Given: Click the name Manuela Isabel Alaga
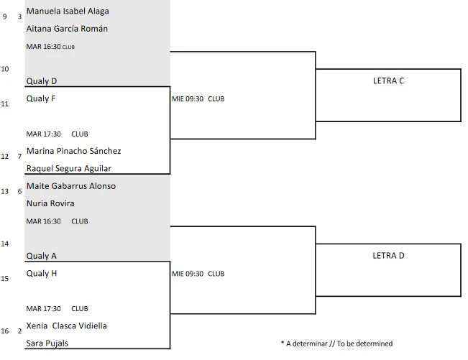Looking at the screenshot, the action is click(x=68, y=11).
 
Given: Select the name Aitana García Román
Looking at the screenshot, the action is click(x=67, y=29).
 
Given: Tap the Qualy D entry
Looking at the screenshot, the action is click(x=42, y=81).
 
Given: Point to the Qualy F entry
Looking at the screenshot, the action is click(x=41, y=98).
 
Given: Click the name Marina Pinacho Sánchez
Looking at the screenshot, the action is click(x=74, y=151).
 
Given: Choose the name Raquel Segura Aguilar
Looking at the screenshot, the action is click(x=69, y=169).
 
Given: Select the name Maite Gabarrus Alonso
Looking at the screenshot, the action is click(x=71, y=186).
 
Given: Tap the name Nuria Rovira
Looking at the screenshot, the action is click(x=50, y=203).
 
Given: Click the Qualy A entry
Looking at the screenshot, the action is click(x=42, y=256).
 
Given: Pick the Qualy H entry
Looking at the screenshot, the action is click(x=42, y=274).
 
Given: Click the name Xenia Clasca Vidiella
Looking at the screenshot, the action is click(x=67, y=326).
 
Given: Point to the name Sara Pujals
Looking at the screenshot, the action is click(x=47, y=343).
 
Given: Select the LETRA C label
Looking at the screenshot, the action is click(x=389, y=80).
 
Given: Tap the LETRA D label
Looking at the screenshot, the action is click(x=389, y=256).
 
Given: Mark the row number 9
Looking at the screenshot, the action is click(x=5, y=17).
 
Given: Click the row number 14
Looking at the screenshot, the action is click(x=5, y=244).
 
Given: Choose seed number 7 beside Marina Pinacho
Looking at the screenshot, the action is click(x=19, y=157).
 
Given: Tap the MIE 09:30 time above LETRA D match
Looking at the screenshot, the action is click(x=188, y=274).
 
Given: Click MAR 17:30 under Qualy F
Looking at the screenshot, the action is click(x=44, y=134).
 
